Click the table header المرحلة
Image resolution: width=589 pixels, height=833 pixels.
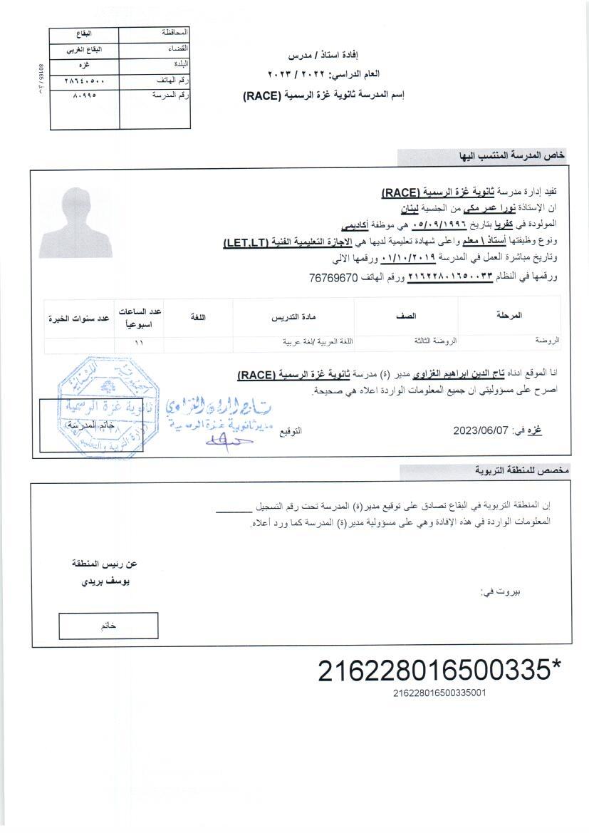508,315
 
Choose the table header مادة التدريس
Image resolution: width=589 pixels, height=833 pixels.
293,316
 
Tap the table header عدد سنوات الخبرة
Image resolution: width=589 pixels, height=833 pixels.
78,318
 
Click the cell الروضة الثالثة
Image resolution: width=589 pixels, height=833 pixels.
435,341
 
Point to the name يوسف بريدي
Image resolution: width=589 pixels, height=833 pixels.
106,581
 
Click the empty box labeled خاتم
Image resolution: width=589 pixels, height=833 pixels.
108,625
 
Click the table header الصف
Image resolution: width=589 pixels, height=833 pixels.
406,315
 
